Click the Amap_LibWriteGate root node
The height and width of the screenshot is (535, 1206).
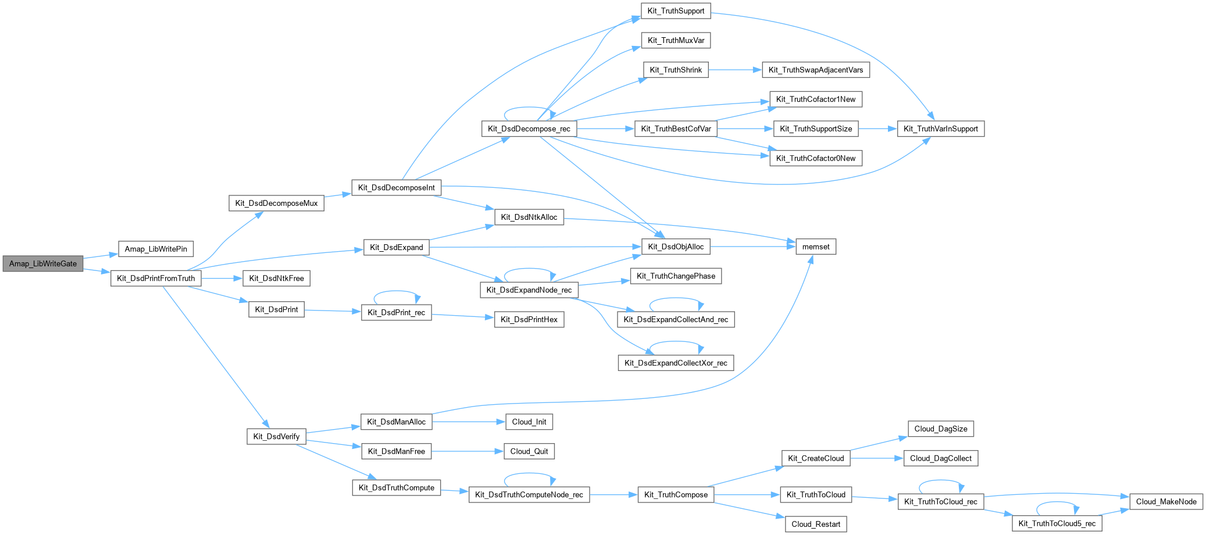(43, 263)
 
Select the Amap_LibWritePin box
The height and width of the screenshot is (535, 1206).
(156, 249)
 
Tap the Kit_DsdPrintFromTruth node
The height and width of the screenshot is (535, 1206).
(156, 278)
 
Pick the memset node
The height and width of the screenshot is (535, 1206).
(815, 247)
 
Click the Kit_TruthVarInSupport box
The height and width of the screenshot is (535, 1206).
(940, 129)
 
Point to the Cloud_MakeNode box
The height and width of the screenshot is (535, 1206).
(1166, 501)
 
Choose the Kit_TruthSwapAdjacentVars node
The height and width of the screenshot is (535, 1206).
(815, 70)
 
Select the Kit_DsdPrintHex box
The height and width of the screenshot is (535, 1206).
(529, 319)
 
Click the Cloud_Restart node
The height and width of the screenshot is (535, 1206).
(815, 524)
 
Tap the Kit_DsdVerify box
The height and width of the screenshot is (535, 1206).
(276, 436)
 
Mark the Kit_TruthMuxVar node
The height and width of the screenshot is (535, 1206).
(676, 40)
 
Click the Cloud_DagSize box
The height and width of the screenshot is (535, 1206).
(940, 429)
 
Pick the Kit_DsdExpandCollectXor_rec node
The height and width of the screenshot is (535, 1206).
(675, 363)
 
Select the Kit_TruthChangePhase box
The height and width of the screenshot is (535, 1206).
(676, 276)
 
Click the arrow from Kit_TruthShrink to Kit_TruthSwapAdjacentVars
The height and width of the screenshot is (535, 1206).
(735, 70)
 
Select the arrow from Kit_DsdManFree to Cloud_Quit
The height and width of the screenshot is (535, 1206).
(468, 451)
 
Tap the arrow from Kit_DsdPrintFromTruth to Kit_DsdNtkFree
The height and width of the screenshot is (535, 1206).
(222, 279)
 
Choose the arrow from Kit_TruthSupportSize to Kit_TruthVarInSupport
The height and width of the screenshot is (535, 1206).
(877, 129)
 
